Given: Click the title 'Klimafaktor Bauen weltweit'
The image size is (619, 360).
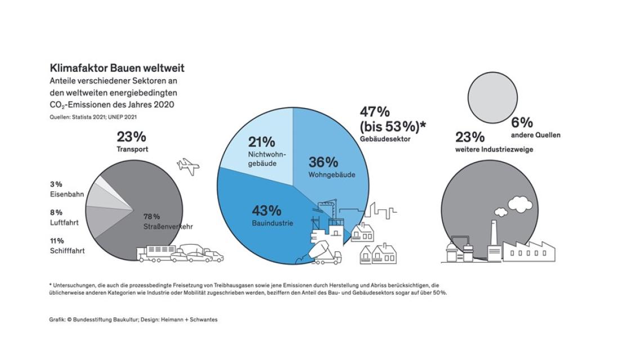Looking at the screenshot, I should pos(116,68).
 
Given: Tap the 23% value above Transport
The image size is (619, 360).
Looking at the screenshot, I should pos(131,137).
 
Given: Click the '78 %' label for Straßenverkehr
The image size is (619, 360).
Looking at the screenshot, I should pos(151,216).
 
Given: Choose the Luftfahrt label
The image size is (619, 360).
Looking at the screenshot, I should pos(63,223).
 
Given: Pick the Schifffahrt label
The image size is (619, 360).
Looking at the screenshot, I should pos(67,251).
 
